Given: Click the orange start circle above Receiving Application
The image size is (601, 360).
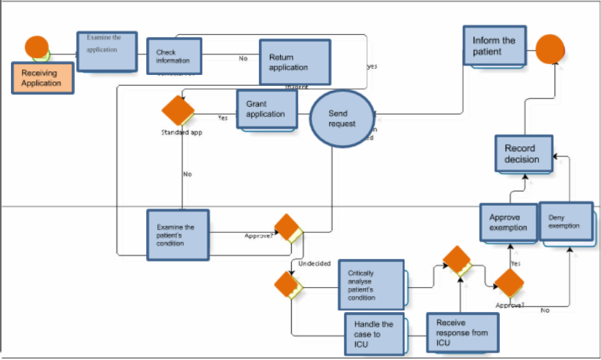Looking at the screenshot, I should [37, 47].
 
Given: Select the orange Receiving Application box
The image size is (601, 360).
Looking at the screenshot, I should [41, 78].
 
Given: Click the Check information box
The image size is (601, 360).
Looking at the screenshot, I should [174, 56].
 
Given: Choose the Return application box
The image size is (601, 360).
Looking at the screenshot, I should [294, 63].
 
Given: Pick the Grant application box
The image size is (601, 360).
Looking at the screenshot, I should [267, 109].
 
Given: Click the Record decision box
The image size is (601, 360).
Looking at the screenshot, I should [522, 153].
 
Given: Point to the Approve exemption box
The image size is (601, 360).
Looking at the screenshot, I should [508, 222].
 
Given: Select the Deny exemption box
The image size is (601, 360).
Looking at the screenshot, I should [565, 222].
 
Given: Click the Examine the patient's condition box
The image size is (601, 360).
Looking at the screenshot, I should [178, 235].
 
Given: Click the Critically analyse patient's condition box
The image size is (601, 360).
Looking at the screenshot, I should [370, 285].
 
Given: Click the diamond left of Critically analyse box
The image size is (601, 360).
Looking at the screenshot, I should [288, 284].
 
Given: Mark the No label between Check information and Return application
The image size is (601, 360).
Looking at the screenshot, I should [243, 59].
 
